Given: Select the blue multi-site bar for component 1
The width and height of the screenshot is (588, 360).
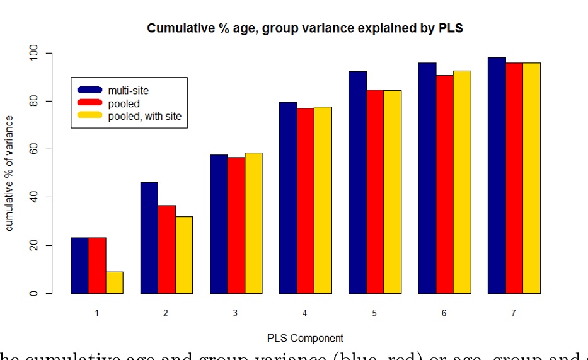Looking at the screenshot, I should coord(79,265).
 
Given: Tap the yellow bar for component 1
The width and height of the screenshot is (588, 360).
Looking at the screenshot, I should coord(114,282).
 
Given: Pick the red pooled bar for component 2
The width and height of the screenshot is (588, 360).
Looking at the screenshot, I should coord(166,249).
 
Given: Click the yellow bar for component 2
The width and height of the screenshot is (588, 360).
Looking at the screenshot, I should coord(184,255).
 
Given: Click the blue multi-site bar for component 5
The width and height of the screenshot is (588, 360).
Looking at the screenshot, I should coord(357,182).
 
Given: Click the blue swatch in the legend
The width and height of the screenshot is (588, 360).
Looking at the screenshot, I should coord(89,90).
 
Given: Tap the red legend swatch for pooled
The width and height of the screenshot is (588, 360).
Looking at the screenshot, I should coord(89,103).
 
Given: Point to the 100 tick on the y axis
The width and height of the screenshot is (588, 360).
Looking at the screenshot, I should coord(35,54).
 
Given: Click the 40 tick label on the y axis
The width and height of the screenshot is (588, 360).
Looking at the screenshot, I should coord(35,197).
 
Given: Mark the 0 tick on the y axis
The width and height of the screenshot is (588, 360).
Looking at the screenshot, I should coord(35,293).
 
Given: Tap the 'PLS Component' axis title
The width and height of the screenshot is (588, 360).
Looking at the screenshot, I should coord(306,338).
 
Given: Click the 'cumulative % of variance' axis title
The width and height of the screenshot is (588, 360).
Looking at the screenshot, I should coord(9,173).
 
